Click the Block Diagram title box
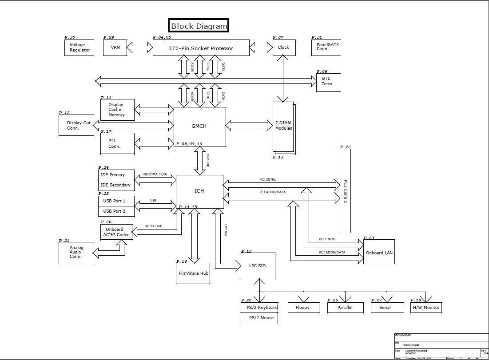199,26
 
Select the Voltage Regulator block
80,47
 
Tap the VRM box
115,47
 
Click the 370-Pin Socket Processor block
201,48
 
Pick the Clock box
283,47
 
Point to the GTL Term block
328,81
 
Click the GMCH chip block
199,126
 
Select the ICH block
199,191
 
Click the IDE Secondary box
116,185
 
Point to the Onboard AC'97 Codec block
116,232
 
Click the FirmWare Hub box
194,273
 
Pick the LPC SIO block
258,266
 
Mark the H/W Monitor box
426,307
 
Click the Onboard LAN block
379,253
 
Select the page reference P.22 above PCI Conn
345,147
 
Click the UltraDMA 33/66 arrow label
155,174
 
